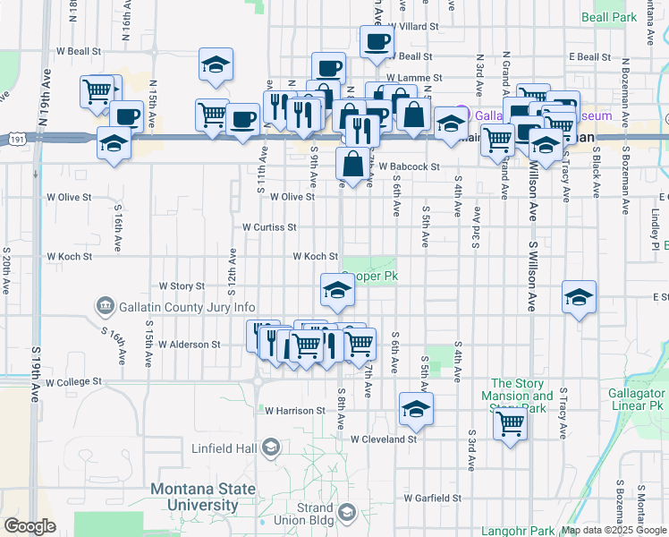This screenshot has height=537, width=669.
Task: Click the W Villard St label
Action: (410, 27)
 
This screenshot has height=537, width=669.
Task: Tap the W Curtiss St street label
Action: (269, 227)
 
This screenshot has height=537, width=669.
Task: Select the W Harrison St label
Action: (294, 411)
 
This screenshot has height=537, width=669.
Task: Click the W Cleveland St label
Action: (384, 439)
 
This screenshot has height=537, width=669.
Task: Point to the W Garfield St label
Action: (432, 498)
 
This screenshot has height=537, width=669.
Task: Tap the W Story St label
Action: (182, 286)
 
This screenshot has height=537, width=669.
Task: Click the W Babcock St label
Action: (409, 166)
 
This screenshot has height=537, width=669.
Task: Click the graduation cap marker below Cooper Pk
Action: (337, 289)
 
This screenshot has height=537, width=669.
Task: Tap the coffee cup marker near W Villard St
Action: (377, 40)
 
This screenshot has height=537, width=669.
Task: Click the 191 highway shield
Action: (19, 138)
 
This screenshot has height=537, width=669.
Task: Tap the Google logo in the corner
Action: (30, 526)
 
